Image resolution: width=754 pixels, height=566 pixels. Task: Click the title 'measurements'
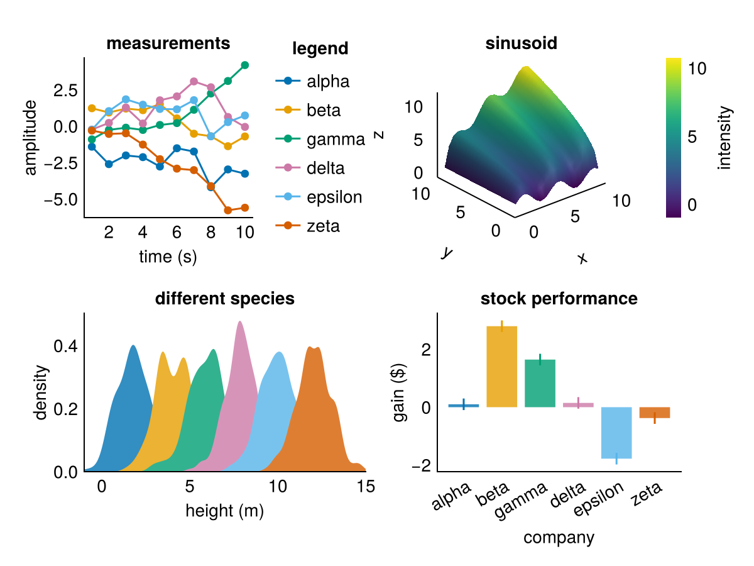(x=168, y=43)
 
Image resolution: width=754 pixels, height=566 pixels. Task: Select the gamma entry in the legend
(x=336, y=140)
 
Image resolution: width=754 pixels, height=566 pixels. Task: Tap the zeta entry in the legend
(x=323, y=226)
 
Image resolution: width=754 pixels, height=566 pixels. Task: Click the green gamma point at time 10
(x=245, y=65)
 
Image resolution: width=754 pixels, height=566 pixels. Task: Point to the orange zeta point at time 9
(x=228, y=210)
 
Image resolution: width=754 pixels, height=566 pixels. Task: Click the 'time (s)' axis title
(x=168, y=257)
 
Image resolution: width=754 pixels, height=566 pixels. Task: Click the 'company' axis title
(x=559, y=538)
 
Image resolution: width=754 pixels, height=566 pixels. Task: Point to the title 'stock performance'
(x=559, y=299)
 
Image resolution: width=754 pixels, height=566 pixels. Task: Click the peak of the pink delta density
(x=239, y=322)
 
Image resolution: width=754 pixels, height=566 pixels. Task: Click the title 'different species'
(x=224, y=299)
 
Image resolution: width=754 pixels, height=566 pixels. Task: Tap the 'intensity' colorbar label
(x=726, y=138)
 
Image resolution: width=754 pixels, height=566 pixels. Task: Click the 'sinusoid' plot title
(x=522, y=43)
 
